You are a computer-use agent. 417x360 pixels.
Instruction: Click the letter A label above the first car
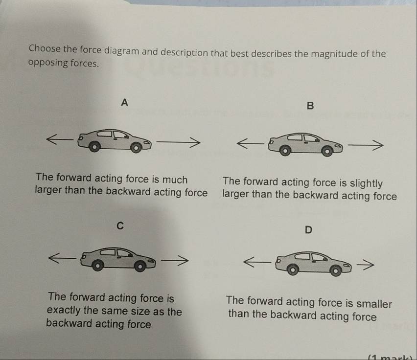tap(125, 102)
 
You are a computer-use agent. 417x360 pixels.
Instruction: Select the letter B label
tap(310, 106)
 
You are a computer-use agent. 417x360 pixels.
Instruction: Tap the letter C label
tap(119, 225)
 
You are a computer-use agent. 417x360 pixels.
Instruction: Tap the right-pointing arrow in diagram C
tap(175, 260)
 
